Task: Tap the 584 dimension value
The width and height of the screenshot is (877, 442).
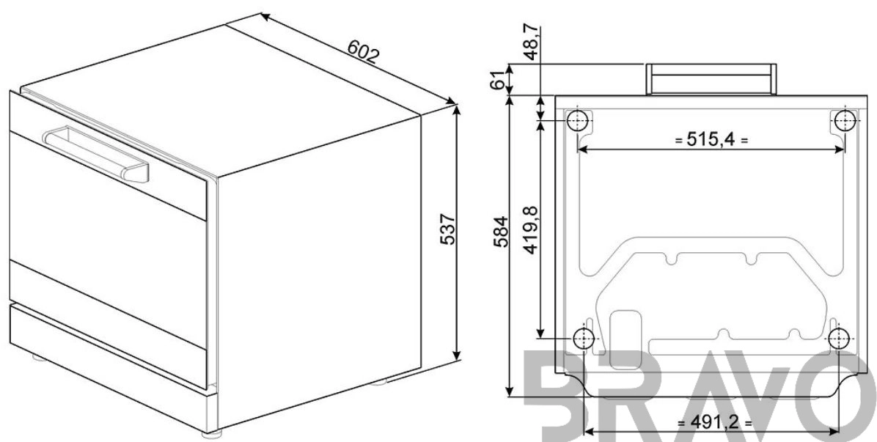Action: click(x=501, y=232)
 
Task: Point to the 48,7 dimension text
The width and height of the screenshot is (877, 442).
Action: click(x=532, y=42)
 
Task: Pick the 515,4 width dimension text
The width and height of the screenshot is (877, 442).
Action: click(x=711, y=140)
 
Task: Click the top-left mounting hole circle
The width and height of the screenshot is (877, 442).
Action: click(x=578, y=119)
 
